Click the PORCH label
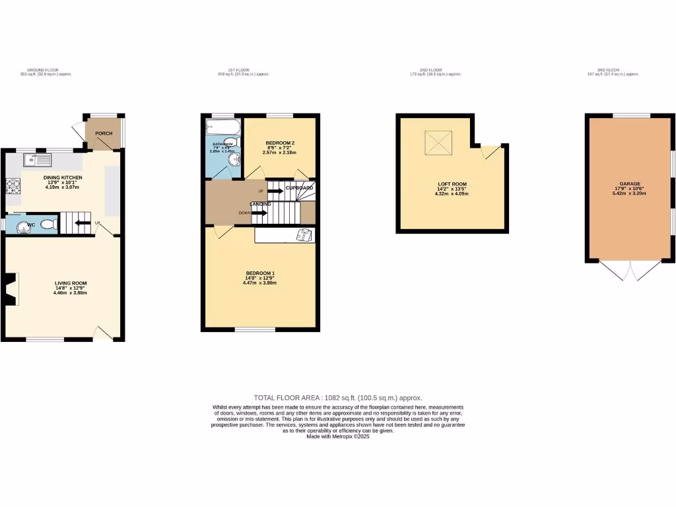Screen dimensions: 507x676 click(x=104, y=133)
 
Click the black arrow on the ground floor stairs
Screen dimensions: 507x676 click(x=83, y=222)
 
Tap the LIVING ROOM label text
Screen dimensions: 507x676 click(x=71, y=283)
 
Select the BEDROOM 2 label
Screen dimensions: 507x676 click(x=280, y=143)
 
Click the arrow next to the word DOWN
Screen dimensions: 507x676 click(x=259, y=213)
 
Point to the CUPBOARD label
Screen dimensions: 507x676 click(x=299, y=188)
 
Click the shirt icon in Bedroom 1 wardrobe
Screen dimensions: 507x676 click(x=304, y=234)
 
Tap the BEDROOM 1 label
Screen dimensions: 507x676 click(x=260, y=273)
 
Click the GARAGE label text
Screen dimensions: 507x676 click(x=629, y=184)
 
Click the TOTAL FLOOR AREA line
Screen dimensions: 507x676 click(x=338, y=398)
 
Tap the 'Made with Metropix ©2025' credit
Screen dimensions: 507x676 click(x=338, y=436)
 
